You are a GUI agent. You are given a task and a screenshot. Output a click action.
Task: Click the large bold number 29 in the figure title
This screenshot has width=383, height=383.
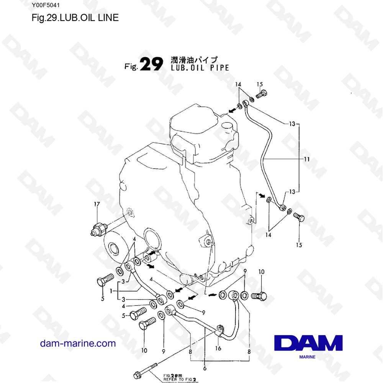pyautogui.click(x=152, y=64)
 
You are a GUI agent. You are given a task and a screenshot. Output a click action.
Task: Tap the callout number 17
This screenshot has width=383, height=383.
pyautogui.click(x=97, y=204)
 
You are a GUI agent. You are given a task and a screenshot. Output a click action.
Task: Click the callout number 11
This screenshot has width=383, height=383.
pyautogui.click(x=306, y=159)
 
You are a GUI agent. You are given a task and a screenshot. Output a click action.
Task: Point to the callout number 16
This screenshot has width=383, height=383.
pyautogui.click(x=218, y=348)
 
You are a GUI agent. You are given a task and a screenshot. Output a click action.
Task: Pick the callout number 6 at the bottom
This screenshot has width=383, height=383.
pyautogui.click(x=205, y=368)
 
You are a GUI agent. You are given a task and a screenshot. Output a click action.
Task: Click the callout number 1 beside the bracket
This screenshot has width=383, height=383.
pyautogui.click(x=111, y=291)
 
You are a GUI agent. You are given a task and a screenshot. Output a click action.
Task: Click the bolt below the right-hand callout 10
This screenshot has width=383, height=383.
pyautogui.click(x=259, y=296)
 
